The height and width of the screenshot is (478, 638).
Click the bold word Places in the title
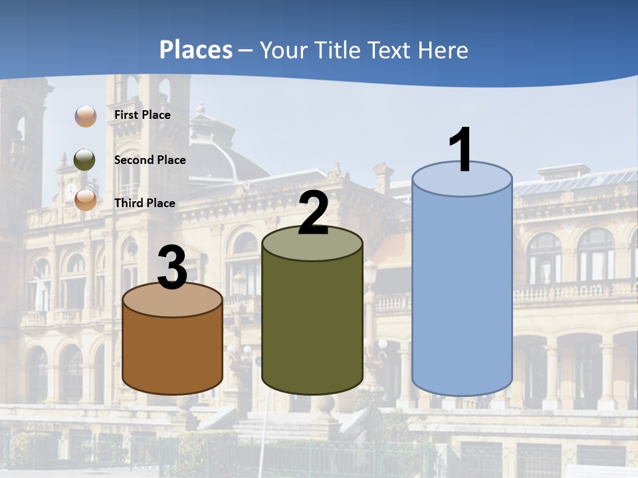196,50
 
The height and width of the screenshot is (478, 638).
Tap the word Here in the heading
445,50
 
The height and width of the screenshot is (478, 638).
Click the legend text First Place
142,115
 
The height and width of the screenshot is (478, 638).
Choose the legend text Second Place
150,160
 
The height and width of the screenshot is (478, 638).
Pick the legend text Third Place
144,203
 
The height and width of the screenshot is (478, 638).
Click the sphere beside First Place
85,116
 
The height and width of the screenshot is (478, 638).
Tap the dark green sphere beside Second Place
84,160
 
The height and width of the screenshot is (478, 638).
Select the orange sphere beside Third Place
85,199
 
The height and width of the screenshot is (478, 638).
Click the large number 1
461,150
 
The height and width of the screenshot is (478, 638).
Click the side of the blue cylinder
462,292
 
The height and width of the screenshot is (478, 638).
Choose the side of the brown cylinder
172,352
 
